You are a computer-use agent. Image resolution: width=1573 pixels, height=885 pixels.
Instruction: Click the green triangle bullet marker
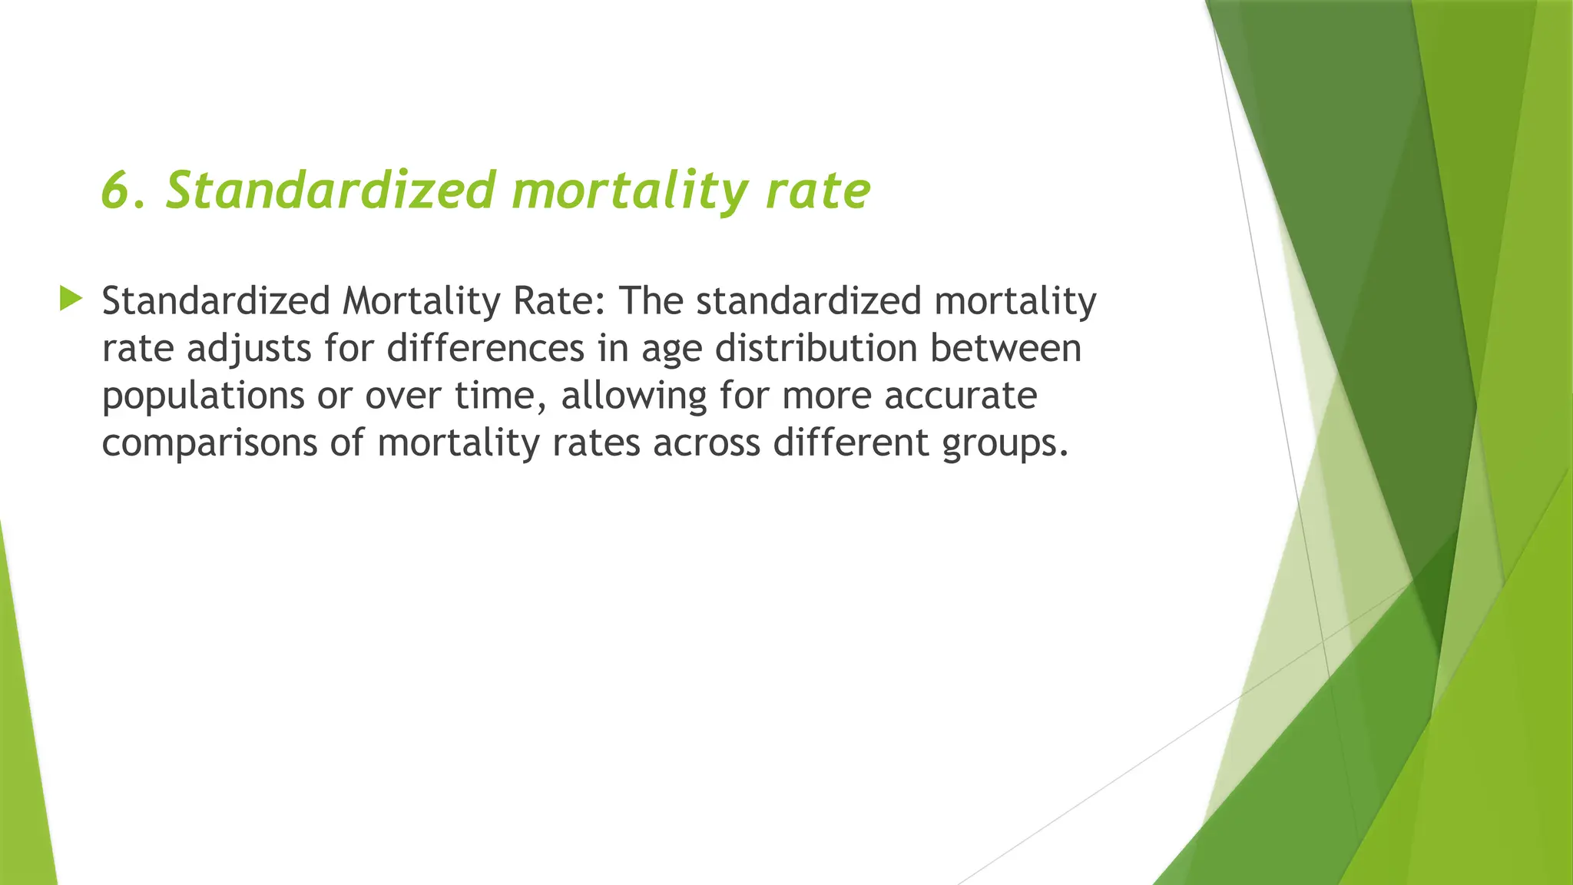pyautogui.click(x=71, y=298)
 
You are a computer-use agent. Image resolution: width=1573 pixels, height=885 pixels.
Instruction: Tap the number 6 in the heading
pyautogui.click(x=114, y=190)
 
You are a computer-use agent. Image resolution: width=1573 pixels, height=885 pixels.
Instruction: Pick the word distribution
pyautogui.click(x=816, y=348)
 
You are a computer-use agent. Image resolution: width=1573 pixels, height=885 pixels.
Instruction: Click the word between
pyautogui.click(x=1006, y=348)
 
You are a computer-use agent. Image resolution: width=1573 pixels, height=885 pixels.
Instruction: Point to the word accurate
pyautogui.click(x=961, y=396)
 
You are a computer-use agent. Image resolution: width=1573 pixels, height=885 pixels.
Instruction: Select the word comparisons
pyautogui.click(x=210, y=443)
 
